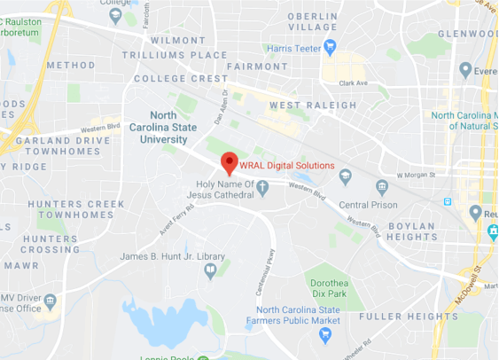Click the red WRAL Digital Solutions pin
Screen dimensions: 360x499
pyautogui.click(x=229, y=163)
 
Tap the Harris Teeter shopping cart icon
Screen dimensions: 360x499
pyautogui.click(x=330, y=47)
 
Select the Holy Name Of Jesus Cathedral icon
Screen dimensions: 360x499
pyautogui.click(x=263, y=186)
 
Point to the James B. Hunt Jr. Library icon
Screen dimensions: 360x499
pyautogui.click(x=210, y=270)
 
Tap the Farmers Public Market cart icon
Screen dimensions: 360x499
pyautogui.click(x=325, y=334)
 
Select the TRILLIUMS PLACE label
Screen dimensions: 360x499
pyautogui.click(x=189, y=55)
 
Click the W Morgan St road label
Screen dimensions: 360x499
pyautogui.click(x=418, y=175)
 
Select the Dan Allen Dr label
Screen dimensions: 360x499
pyautogui.click(x=221, y=105)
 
